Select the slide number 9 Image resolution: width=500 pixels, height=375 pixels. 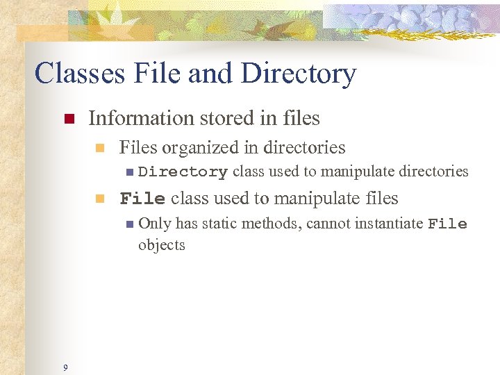pyautogui.click(x=65, y=367)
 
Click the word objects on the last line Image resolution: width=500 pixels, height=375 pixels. pyautogui.click(x=162, y=245)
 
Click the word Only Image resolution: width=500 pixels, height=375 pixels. pyautogui.click(x=155, y=224)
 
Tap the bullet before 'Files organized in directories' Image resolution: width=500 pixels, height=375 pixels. pyautogui.click(x=100, y=148)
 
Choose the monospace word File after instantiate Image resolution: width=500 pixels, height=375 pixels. pyautogui.click(x=447, y=224)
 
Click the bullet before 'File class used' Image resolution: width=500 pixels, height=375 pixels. pyautogui.click(x=100, y=199)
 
